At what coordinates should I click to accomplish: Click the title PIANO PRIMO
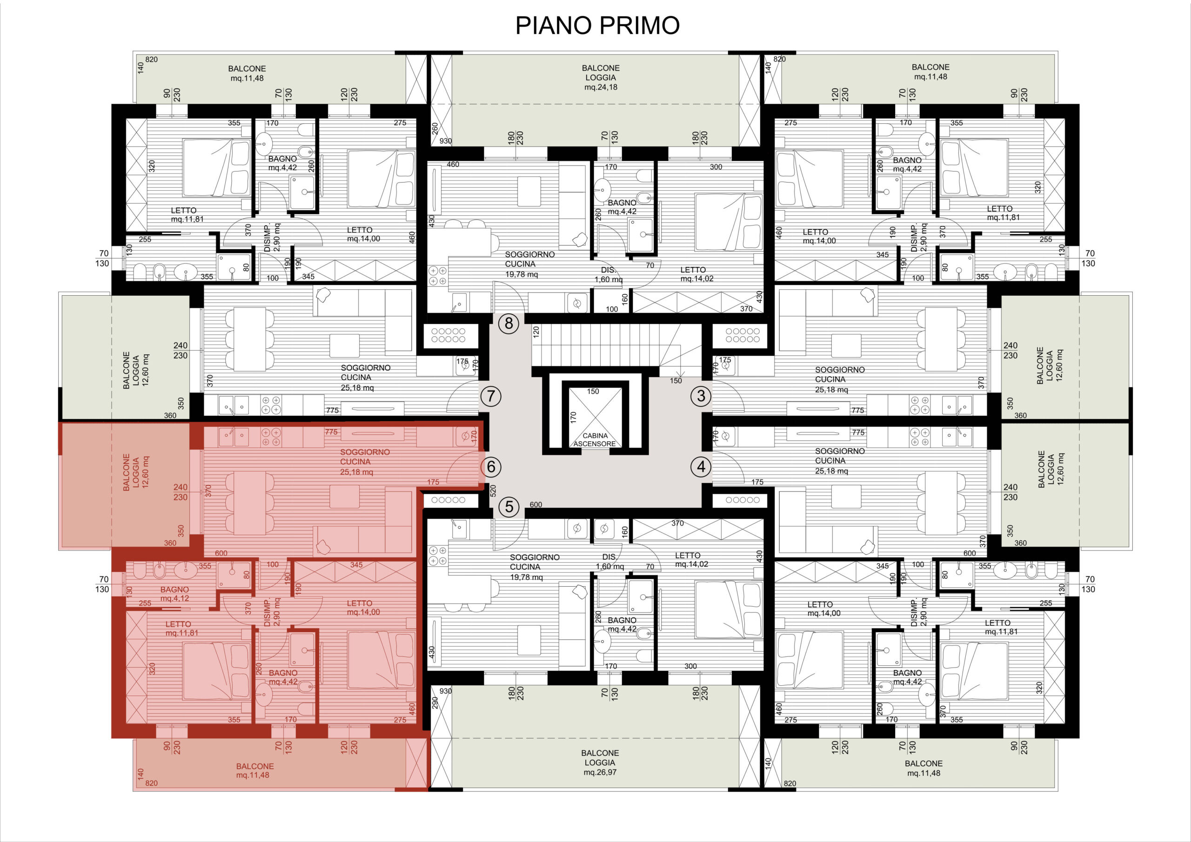coord(597,25)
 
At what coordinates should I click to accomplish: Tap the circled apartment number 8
coord(509,324)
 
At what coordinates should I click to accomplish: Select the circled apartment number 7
coord(491,397)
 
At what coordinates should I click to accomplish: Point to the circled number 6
coord(491,467)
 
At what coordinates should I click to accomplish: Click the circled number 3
coord(701,396)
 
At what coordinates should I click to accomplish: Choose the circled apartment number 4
coord(701,467)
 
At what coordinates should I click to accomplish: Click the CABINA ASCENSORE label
coord(595,440)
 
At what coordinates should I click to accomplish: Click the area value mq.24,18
coord(601,87)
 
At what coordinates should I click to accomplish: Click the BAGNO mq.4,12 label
coord(175,594)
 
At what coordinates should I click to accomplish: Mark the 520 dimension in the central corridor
coord(493,491)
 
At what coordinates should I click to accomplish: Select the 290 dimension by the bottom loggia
coord(435,703)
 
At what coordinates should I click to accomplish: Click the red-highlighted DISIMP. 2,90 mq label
coord(272,613)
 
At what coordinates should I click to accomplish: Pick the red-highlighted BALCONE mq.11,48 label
coord(254,770)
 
